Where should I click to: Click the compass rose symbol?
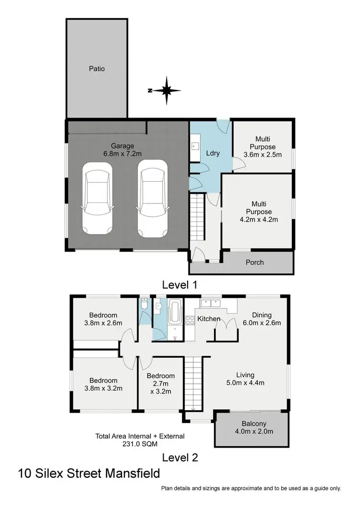pos(166,90)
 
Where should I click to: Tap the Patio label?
pos(96,69)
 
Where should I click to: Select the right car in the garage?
pos(152,199)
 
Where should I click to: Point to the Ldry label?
pos(213,154)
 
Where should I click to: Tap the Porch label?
pos(254,262)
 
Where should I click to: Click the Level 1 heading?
pos(180,284)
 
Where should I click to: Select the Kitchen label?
pos(209,319)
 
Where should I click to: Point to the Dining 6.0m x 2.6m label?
pos(262,319)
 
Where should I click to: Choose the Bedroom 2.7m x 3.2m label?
pos(161,383)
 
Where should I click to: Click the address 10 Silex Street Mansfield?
pos(89,474)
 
